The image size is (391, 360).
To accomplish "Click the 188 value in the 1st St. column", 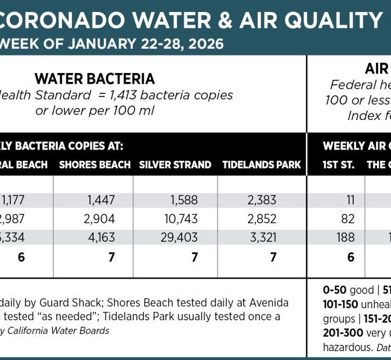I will point(345,238).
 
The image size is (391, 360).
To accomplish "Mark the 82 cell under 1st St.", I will point(346,219).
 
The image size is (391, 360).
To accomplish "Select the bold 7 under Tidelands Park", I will point(273,257).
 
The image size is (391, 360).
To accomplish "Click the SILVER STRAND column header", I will point(175,165).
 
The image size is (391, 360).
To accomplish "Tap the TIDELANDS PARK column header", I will point(261,165).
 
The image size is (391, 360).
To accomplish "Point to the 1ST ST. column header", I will point(339,165).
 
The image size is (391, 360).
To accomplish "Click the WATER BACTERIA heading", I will point(94,79).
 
